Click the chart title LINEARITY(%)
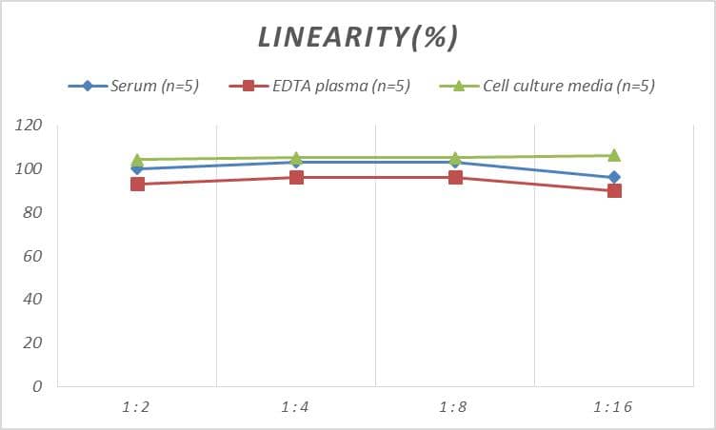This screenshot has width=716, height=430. [358, 37]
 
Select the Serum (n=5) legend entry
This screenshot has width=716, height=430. [133, 86]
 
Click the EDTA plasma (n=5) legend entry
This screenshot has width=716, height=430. [320, 86]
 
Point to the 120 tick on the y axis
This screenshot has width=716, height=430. [30, 126]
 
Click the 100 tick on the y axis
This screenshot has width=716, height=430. [30, 169]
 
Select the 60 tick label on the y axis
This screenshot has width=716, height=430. [33, 256]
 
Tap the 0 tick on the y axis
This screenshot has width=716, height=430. [38, 386]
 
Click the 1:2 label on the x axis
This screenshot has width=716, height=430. [137, 407]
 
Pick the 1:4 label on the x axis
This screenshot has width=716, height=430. [296, 407]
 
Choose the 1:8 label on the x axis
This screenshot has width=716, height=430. [455, 407]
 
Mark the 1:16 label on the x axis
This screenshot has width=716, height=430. [614, 407]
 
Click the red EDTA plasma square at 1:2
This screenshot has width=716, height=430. [137, 184]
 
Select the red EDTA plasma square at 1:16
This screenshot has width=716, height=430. [614, 190]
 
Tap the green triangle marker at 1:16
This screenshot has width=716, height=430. [614, 155]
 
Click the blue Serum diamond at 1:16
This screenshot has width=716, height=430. [614, 177]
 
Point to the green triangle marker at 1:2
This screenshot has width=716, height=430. [137, 160]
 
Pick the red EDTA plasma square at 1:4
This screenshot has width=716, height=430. [296, 177]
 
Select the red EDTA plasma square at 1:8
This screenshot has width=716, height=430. [455, 177]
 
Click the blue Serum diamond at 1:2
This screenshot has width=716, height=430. [137, 168]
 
